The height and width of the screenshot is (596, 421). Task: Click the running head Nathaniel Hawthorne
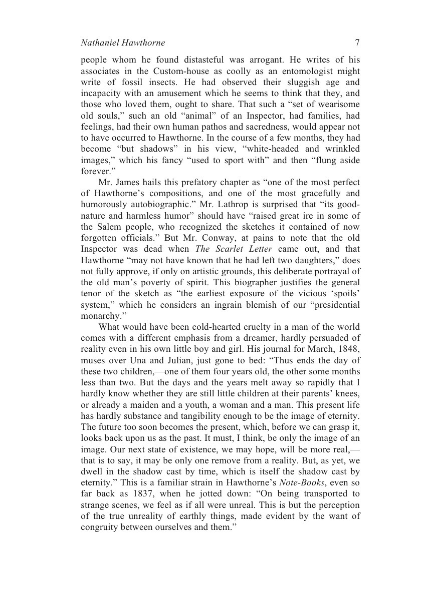pos(123,43)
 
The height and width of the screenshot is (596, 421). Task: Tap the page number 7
pos(357,43)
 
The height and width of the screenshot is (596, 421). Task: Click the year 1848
pos(349,349)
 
